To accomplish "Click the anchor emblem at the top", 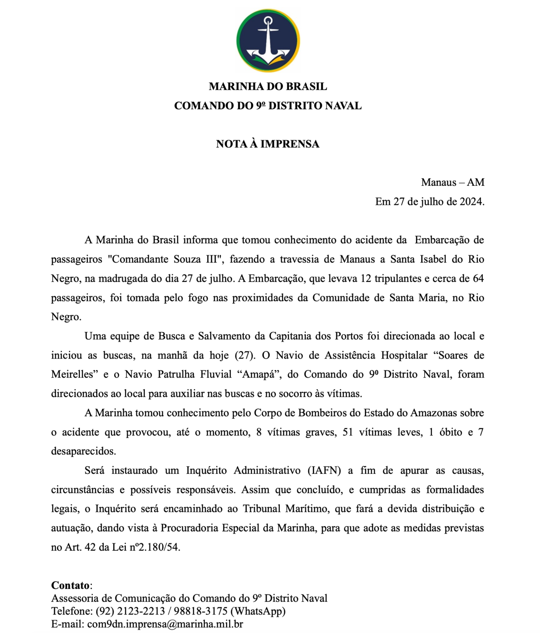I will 268,41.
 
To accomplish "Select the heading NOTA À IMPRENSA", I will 268,144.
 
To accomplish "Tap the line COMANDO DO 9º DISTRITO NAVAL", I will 268,106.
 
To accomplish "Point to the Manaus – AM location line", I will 452,182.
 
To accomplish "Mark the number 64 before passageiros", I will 478,279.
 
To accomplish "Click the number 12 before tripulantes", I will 366,279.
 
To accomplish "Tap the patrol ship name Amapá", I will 259,375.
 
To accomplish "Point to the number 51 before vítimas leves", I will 348,432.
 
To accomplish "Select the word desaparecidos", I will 83,451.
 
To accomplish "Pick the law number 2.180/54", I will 159,547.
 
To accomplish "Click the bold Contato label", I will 70,586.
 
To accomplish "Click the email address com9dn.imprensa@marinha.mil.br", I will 165,624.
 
